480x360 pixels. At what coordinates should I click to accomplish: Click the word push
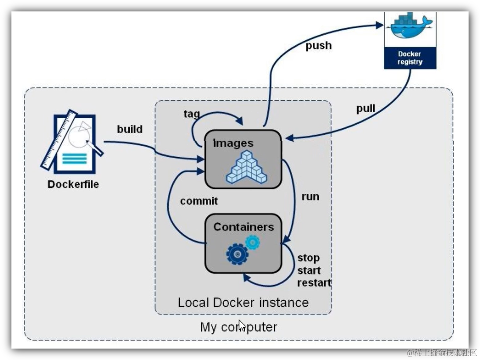pos(319,46)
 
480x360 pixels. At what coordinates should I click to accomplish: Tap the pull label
pos(365,108)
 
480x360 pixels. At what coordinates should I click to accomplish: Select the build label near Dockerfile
pos(130,129)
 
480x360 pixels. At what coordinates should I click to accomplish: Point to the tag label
pos(191,114)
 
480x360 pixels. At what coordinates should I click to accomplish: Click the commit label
pos(199,201)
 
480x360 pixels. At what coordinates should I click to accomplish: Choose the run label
pos(310,196)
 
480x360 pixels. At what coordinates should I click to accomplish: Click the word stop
pos(308,258)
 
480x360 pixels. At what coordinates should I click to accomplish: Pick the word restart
pos(314,283)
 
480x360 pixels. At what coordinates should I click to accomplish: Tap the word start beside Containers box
pos(309,270)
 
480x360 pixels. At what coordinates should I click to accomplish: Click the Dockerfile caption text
pos(73,184)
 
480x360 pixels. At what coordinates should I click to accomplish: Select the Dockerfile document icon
pos(73,142)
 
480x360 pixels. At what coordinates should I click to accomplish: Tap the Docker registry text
pos(410,58)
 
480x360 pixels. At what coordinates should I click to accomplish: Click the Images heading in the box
pos(233,143)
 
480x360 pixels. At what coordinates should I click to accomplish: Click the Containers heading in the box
pos(244,227)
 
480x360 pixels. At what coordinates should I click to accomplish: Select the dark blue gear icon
pos(237,254)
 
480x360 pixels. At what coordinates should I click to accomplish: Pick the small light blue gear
pos(252,242)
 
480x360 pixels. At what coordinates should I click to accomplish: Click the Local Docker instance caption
pos(243,302)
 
